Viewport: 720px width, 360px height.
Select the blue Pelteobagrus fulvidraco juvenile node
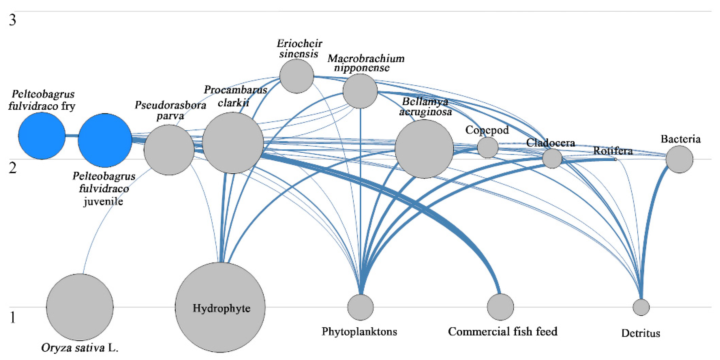pyautogui.click(x=105, y=140)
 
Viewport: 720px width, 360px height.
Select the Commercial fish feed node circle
pyautogui.click(x=500, y=307)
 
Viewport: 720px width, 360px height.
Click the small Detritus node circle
pyautogui.click(x=641, y=307)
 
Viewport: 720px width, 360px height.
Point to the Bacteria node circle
pyautogui.click(x=679, y=159)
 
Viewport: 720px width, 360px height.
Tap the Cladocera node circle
pyautogui.click(x=552, y=158)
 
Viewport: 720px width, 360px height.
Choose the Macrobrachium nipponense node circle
pyautogui.click(x=360, y=91)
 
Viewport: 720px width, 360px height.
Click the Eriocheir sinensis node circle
pyautogui.click(x=297, y=76)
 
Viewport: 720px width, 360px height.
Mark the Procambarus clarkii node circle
pyautogui.click(x=233, y=143)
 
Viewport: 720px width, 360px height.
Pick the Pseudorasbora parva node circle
pyautogui.click(x=169, y=150)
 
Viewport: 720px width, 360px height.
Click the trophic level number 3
pyautogui.click(x=13, y=20)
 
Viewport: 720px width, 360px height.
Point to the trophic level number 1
pyautogui.click(x=13, y=318)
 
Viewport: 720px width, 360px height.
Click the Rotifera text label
pyautogui.click(x=613, y=151)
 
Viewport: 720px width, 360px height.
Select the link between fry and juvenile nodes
pyautogui.click(x=71, y=136)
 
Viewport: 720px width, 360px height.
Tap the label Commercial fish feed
pyautogui.click(x=502, y=331)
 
